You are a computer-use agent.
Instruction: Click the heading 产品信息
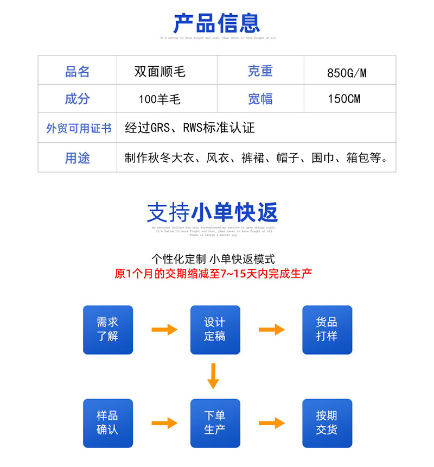[x=216, y=23]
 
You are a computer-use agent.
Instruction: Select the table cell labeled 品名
[x=77, y=72]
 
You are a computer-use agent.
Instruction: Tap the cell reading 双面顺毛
[x=160, y=72]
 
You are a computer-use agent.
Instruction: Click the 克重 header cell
[x=260, y=71]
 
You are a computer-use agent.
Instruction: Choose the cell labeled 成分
[x=77, y=99]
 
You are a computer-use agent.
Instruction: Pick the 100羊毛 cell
[x=159, y=99]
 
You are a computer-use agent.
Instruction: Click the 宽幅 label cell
[x=260, y=99]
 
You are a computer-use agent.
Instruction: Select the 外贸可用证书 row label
[x=78, y=128]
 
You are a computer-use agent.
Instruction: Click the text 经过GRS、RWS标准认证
[x=190, y=128]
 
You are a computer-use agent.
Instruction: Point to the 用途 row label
[x=77, y=158]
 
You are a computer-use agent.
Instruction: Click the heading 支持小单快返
[x=212, y=212]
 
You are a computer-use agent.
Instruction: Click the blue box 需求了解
[x=107, y=330]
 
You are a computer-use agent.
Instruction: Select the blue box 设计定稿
[x=215, y=330]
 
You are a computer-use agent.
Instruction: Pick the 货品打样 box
[x=327, y=330]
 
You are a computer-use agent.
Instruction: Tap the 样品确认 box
[x=107, y=423]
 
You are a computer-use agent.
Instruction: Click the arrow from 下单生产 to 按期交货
[x=272, y=423]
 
